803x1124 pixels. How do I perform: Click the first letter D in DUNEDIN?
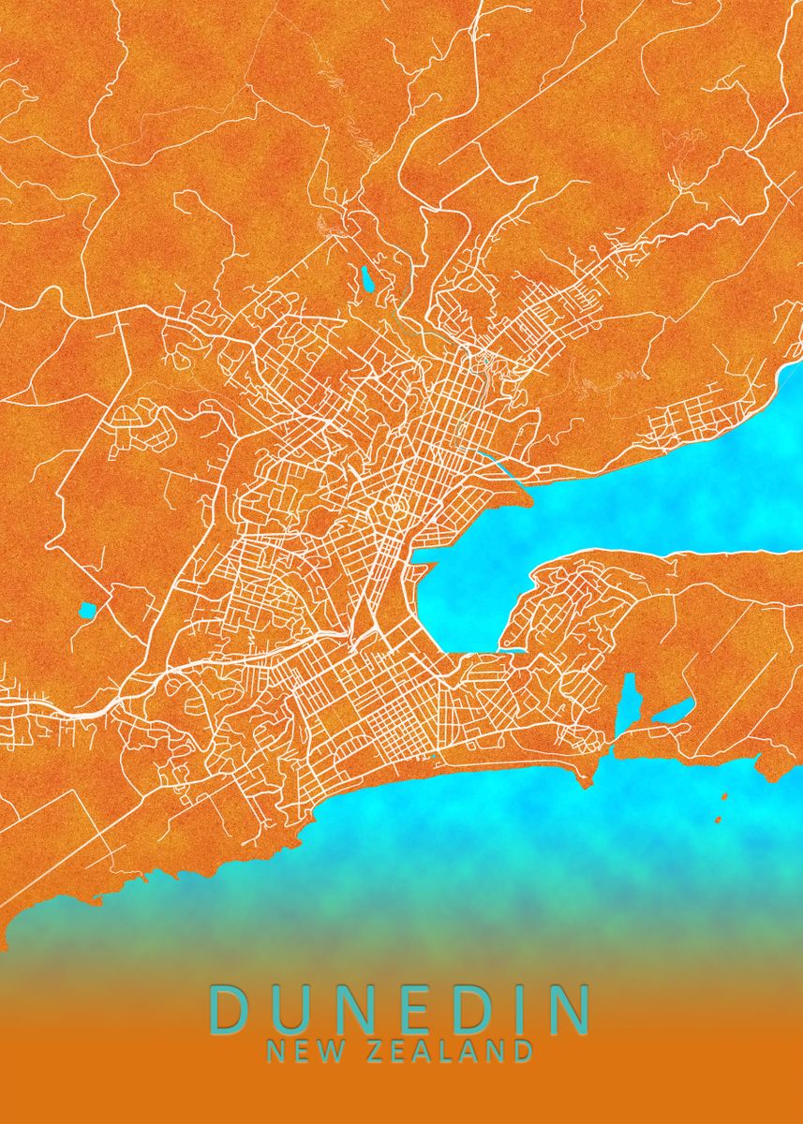pos(229,1009)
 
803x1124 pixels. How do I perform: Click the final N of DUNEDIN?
pos(568,1009)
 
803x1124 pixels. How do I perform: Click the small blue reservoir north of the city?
pos(365,278)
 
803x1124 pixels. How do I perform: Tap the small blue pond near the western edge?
pos(87,611)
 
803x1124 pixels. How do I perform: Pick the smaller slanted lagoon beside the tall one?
pos(673,711)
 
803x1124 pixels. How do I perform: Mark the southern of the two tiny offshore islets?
pos(718,821)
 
